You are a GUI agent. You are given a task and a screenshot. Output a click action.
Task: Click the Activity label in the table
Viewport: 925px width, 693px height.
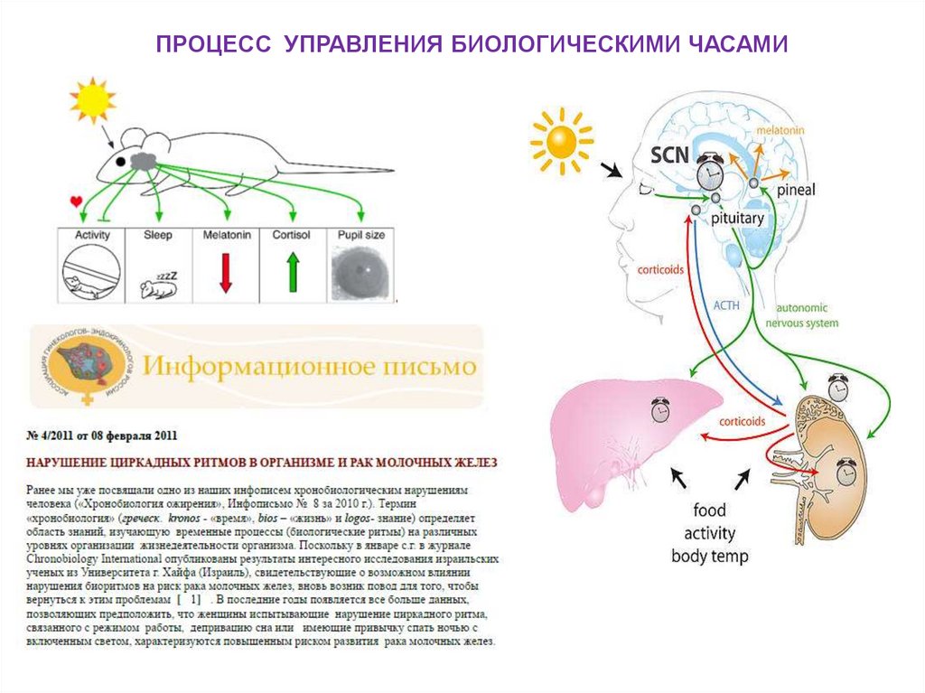[92, 235]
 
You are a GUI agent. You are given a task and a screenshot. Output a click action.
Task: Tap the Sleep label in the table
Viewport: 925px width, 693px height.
[157, 235]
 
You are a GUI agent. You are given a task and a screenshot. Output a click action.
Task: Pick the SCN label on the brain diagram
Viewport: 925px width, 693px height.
[670, 155]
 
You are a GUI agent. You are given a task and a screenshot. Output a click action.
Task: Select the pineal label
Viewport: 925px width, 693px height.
[796, 191]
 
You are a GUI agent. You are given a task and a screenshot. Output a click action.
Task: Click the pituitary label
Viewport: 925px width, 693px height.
[739, 219]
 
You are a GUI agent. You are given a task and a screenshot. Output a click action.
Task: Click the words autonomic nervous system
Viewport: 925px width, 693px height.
[802, 315]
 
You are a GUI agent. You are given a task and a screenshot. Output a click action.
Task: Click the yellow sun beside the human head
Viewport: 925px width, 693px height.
[562, 141]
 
